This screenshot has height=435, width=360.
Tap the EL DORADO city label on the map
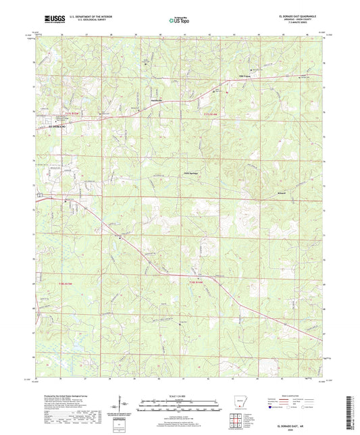(x=50, y=126)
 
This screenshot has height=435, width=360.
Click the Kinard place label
(x=263, y=193)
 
